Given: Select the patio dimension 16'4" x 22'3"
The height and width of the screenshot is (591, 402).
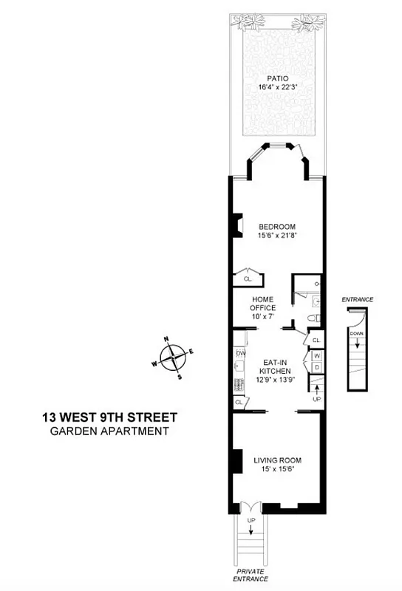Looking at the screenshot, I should (276, 87).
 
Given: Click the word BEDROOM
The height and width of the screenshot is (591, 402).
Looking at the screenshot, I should (276, 226).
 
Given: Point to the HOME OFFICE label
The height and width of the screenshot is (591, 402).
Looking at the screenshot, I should (262, 303).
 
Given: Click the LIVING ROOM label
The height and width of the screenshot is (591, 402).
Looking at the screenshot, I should (277, 461).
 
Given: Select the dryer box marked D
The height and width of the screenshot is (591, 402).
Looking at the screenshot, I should (316, 367).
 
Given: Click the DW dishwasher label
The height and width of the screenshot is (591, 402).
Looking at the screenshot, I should (240, 354).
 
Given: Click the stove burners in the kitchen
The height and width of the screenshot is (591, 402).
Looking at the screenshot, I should (239, 383).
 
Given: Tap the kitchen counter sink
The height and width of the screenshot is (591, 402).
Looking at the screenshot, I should (239, 366).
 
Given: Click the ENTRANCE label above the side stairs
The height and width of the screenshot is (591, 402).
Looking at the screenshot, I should (358, 299).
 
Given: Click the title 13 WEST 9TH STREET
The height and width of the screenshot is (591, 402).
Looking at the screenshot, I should (109, 417).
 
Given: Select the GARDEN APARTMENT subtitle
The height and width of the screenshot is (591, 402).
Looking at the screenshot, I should (109, 431).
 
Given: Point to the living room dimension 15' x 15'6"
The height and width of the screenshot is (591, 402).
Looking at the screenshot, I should (277, 471).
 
